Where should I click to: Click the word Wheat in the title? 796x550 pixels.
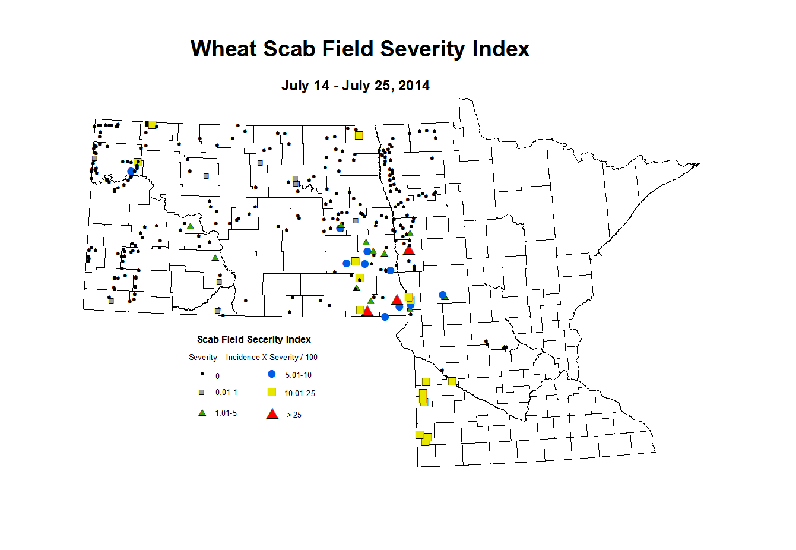pyautogui.click(x=223, y=49)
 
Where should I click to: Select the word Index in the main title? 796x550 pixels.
pyautogui.click(x=501, y=49)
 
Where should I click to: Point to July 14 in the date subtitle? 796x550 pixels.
pyautogui.click(x=305, y=86)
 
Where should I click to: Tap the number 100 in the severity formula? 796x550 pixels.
pyautogui.click(x=311, y=358)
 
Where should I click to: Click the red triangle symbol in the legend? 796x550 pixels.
pyautogui.click(x=272, y=414)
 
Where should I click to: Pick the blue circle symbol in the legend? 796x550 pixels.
pyautogui.click(x=272, y=374)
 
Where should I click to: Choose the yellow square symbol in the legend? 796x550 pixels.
pyautogui.click(x=272, y=392)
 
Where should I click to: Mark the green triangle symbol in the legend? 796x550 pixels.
pyautogui.click(x=202, y=413)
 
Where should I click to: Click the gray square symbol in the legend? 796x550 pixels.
pyautogui.click(x=202, y=393)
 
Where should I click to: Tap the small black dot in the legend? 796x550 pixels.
pyautogui.click(x=202, y=374)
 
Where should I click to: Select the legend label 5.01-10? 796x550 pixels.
pyautogui.click(x=298, y=375)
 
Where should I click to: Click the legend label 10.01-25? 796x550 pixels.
pyautogui.click(x=300, y=393)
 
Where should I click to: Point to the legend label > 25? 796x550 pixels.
pyautogui.click(x=294, y=415)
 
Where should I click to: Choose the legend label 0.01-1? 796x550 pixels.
pyautogui.click(x=226, y=393)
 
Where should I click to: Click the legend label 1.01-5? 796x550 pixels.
pyautogui.click(x=226, y=413)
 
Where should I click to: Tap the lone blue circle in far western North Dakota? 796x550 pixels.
pyautogui.click(x=131, y=171)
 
